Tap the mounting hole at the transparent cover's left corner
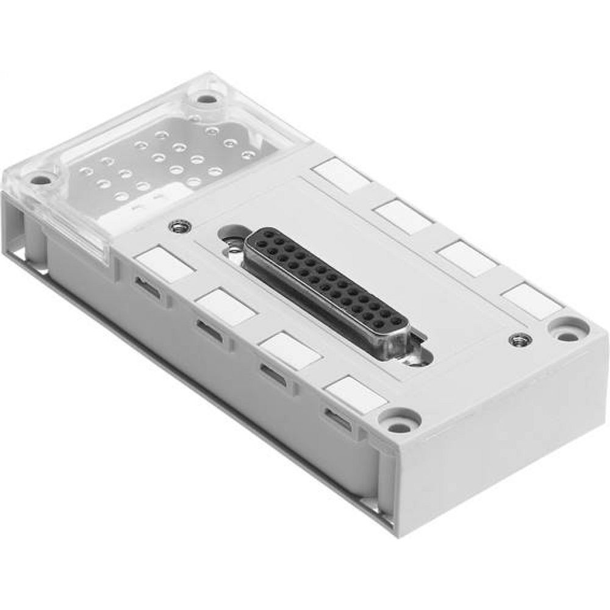click(x=42, y=180)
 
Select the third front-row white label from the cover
click(x=290, y=350)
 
